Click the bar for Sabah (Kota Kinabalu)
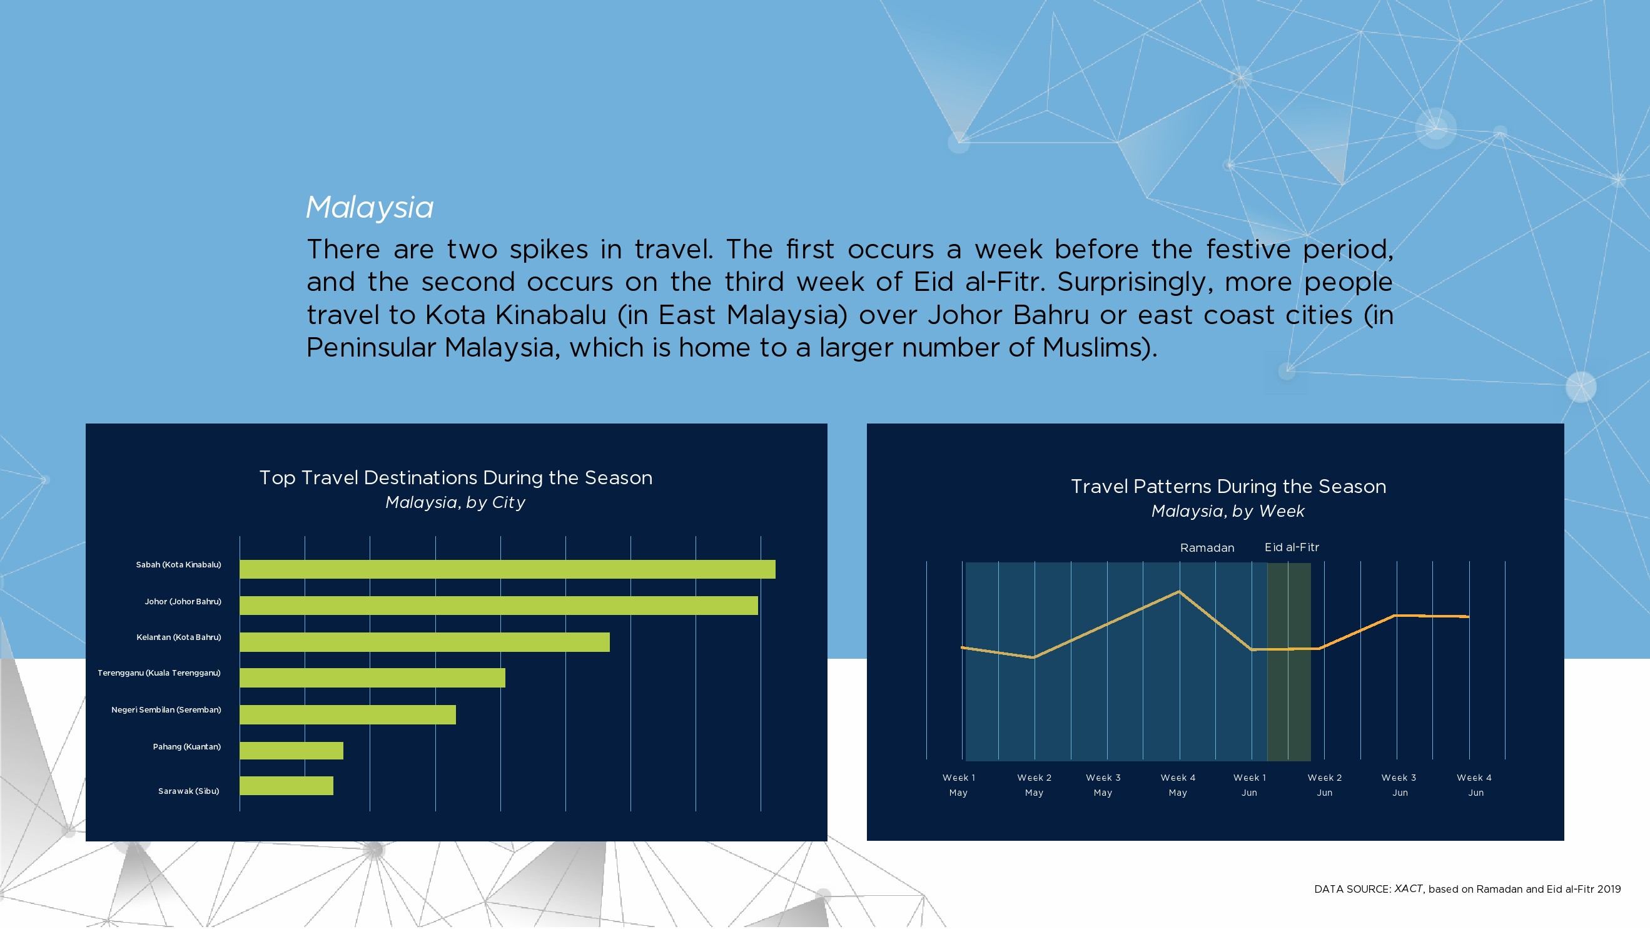point(507,569)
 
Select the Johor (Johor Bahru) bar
point(499,606)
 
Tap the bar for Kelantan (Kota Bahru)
point(425,642)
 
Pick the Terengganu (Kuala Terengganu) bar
point(372,678)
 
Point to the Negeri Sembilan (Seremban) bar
point(348,714)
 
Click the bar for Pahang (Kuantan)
point(291,750)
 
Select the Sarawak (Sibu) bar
point(286,786)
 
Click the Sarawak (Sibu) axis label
point(189,791)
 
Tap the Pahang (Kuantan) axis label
point(187,747)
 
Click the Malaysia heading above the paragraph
point(370,208)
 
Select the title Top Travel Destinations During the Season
point(456,478)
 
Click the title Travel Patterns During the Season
point(1228,487)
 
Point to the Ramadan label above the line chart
point(1207,548)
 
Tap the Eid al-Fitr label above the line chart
point(1292,547)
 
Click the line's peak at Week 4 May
point(1179,591)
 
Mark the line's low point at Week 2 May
point(1033,657)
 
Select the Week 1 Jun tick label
point(1250,786)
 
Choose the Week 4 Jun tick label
point(1474,786)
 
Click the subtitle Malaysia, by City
point(455,503)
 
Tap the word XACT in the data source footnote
point(1409,888)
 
